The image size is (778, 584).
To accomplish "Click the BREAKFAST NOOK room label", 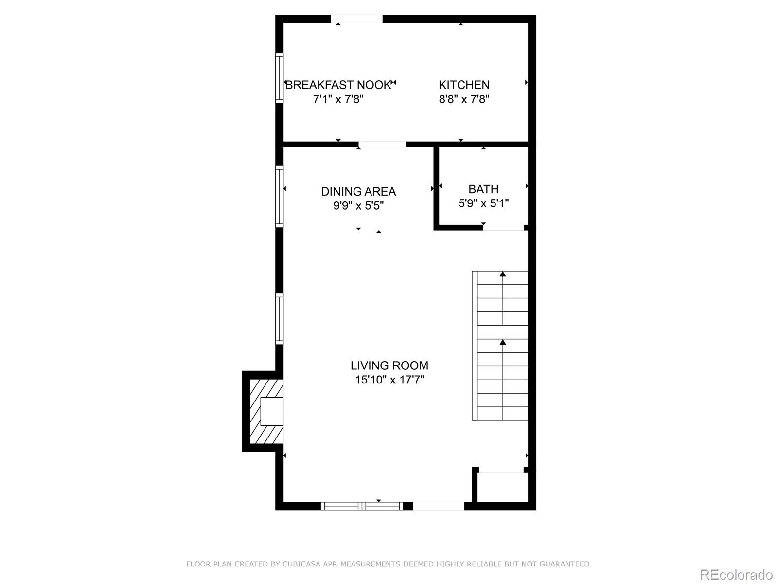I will pos(338,85).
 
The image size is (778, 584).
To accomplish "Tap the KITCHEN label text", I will pos(464,85).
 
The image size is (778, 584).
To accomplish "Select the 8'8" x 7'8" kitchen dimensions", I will pos(464,99).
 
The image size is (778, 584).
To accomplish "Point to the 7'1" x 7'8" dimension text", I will pos(338,99).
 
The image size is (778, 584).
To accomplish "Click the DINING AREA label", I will pos(358,191).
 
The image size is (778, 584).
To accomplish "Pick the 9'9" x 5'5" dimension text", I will pos(358,206).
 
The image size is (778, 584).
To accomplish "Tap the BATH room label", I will pos(483,189).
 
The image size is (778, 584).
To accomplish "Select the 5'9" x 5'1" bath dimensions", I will pos(483,203).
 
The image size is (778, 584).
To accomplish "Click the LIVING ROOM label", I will pos(389,365).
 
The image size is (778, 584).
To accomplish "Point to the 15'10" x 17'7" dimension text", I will pos(389,380).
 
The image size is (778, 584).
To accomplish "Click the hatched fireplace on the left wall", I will pos(265,411).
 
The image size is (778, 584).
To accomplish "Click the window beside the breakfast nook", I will pos(279,78).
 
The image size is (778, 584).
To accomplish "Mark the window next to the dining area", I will pos(279,196).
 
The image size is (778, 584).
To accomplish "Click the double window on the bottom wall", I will pos(362,506).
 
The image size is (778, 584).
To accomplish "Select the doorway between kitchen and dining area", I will pos(382,144).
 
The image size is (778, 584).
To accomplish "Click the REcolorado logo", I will pos(736,574).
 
